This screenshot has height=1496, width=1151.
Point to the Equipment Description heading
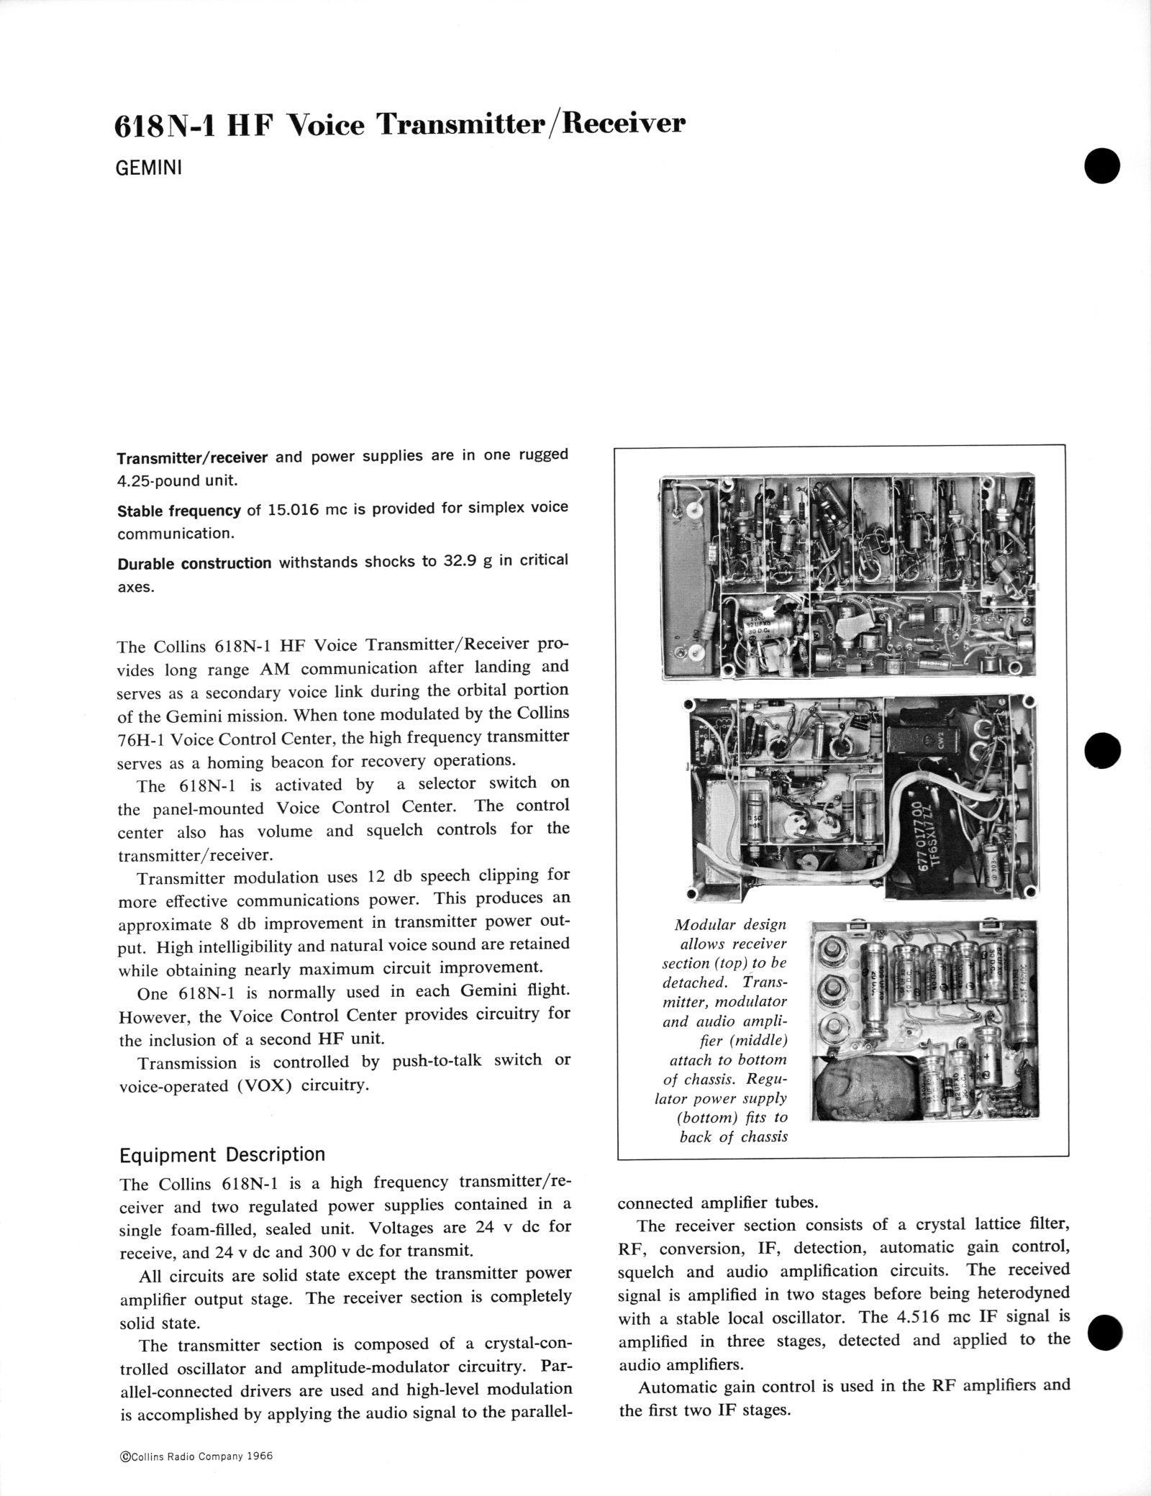[x=222, y=1154]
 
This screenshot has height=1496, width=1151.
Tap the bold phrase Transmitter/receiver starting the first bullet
[x=192, y=457]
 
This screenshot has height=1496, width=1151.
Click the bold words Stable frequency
[x=178, y=510]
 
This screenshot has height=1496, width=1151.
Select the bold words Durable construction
[x=194, y=563]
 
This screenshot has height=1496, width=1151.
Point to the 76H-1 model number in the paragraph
[x=147, y=738]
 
